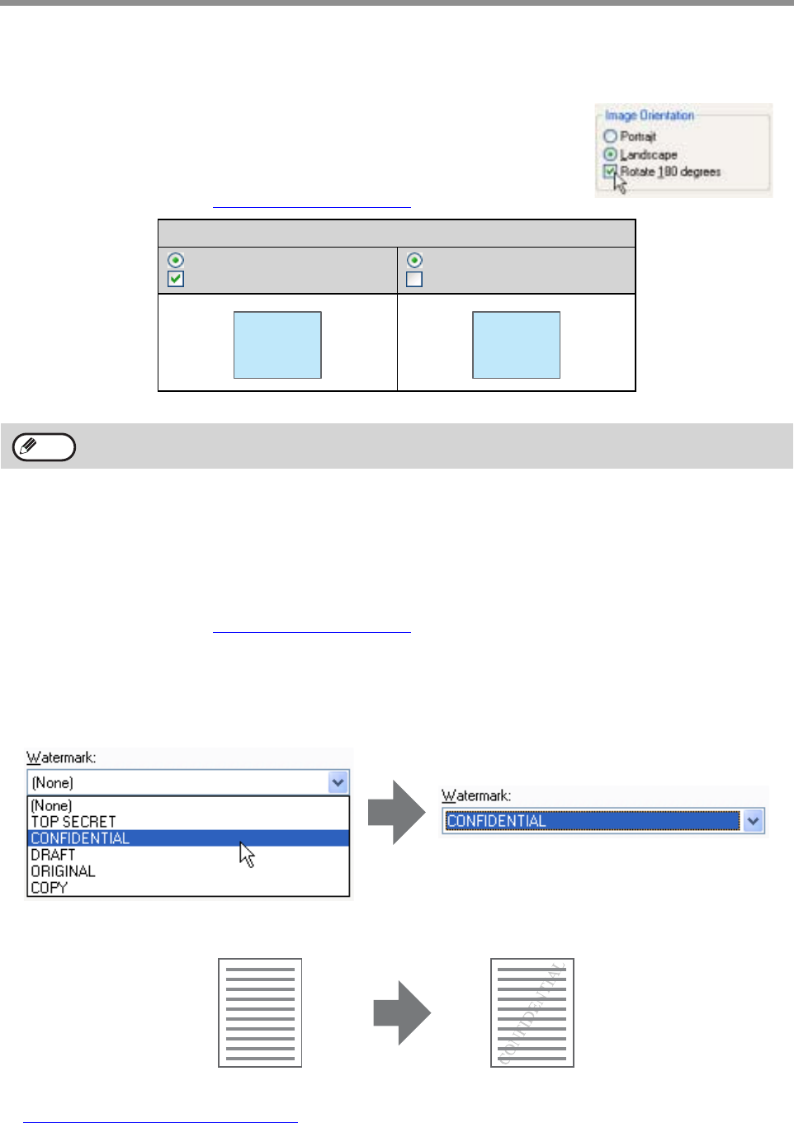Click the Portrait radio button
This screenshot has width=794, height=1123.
point(611,136)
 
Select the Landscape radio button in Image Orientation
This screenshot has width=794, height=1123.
point(611,154)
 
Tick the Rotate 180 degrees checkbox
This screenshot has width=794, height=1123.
point(610,172)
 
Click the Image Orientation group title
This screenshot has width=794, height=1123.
point(649,116)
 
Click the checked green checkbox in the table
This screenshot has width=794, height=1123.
point(176,279)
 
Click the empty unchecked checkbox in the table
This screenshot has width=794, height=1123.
point(414,279)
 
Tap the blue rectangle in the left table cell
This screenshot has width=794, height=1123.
point(277,345)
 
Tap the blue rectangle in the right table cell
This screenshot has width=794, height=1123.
point(516,345)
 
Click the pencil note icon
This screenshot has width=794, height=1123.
point(45,447)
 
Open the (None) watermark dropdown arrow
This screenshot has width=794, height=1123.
point(338,782)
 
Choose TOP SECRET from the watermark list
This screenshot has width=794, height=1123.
point(73,822)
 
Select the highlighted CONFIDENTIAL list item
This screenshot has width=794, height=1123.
point(80,838)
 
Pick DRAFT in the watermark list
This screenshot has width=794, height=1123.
point(53,855)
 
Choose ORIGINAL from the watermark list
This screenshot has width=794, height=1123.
point(63,871)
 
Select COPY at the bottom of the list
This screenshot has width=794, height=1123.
point(49,888)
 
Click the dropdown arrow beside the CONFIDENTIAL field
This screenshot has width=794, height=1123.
point(753,821)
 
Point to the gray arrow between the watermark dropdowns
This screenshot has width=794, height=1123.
point(397,812)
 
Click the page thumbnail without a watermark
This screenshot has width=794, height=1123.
point(260,1012)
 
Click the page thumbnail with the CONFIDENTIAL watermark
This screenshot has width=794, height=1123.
point(532,1012)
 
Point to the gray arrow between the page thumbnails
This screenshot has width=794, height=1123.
point(402,1012)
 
